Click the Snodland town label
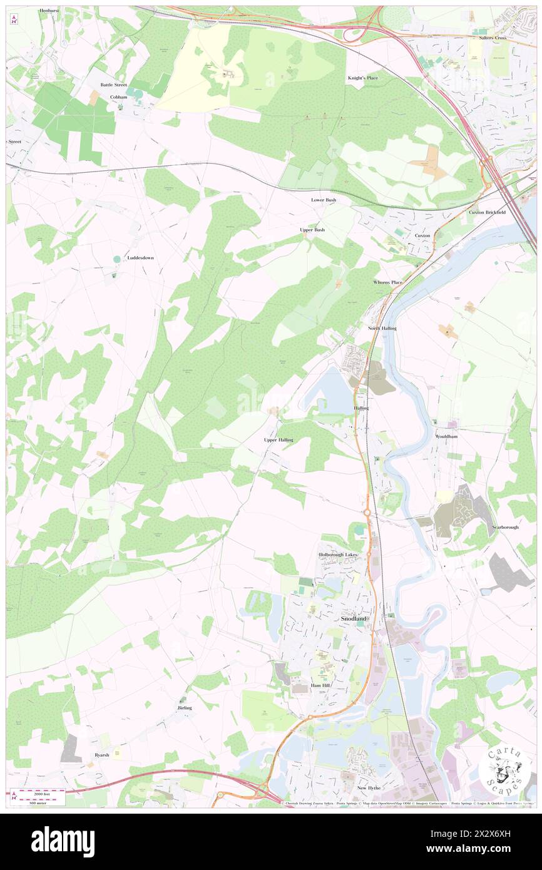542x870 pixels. click(x=354, y=618)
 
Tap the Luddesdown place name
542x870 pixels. click(x=141, y=258)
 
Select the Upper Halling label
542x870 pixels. click(x=279, y=440)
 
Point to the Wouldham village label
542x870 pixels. click(x=446, y=436)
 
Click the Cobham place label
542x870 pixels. click(x=118, y=98)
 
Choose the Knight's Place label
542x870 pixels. click(x=363, y=78)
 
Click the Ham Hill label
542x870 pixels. click(x=318, y=687)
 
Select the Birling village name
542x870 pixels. click(x=185, y=707)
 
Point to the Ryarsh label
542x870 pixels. click(x=102, y=755)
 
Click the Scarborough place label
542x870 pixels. click(x=505, y=528)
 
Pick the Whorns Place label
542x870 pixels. click(x=388, y=282)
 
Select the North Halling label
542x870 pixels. click(x=382, y=328)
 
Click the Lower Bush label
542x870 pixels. click(x=324, y=200)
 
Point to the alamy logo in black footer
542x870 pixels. click(x=63, y=842)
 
